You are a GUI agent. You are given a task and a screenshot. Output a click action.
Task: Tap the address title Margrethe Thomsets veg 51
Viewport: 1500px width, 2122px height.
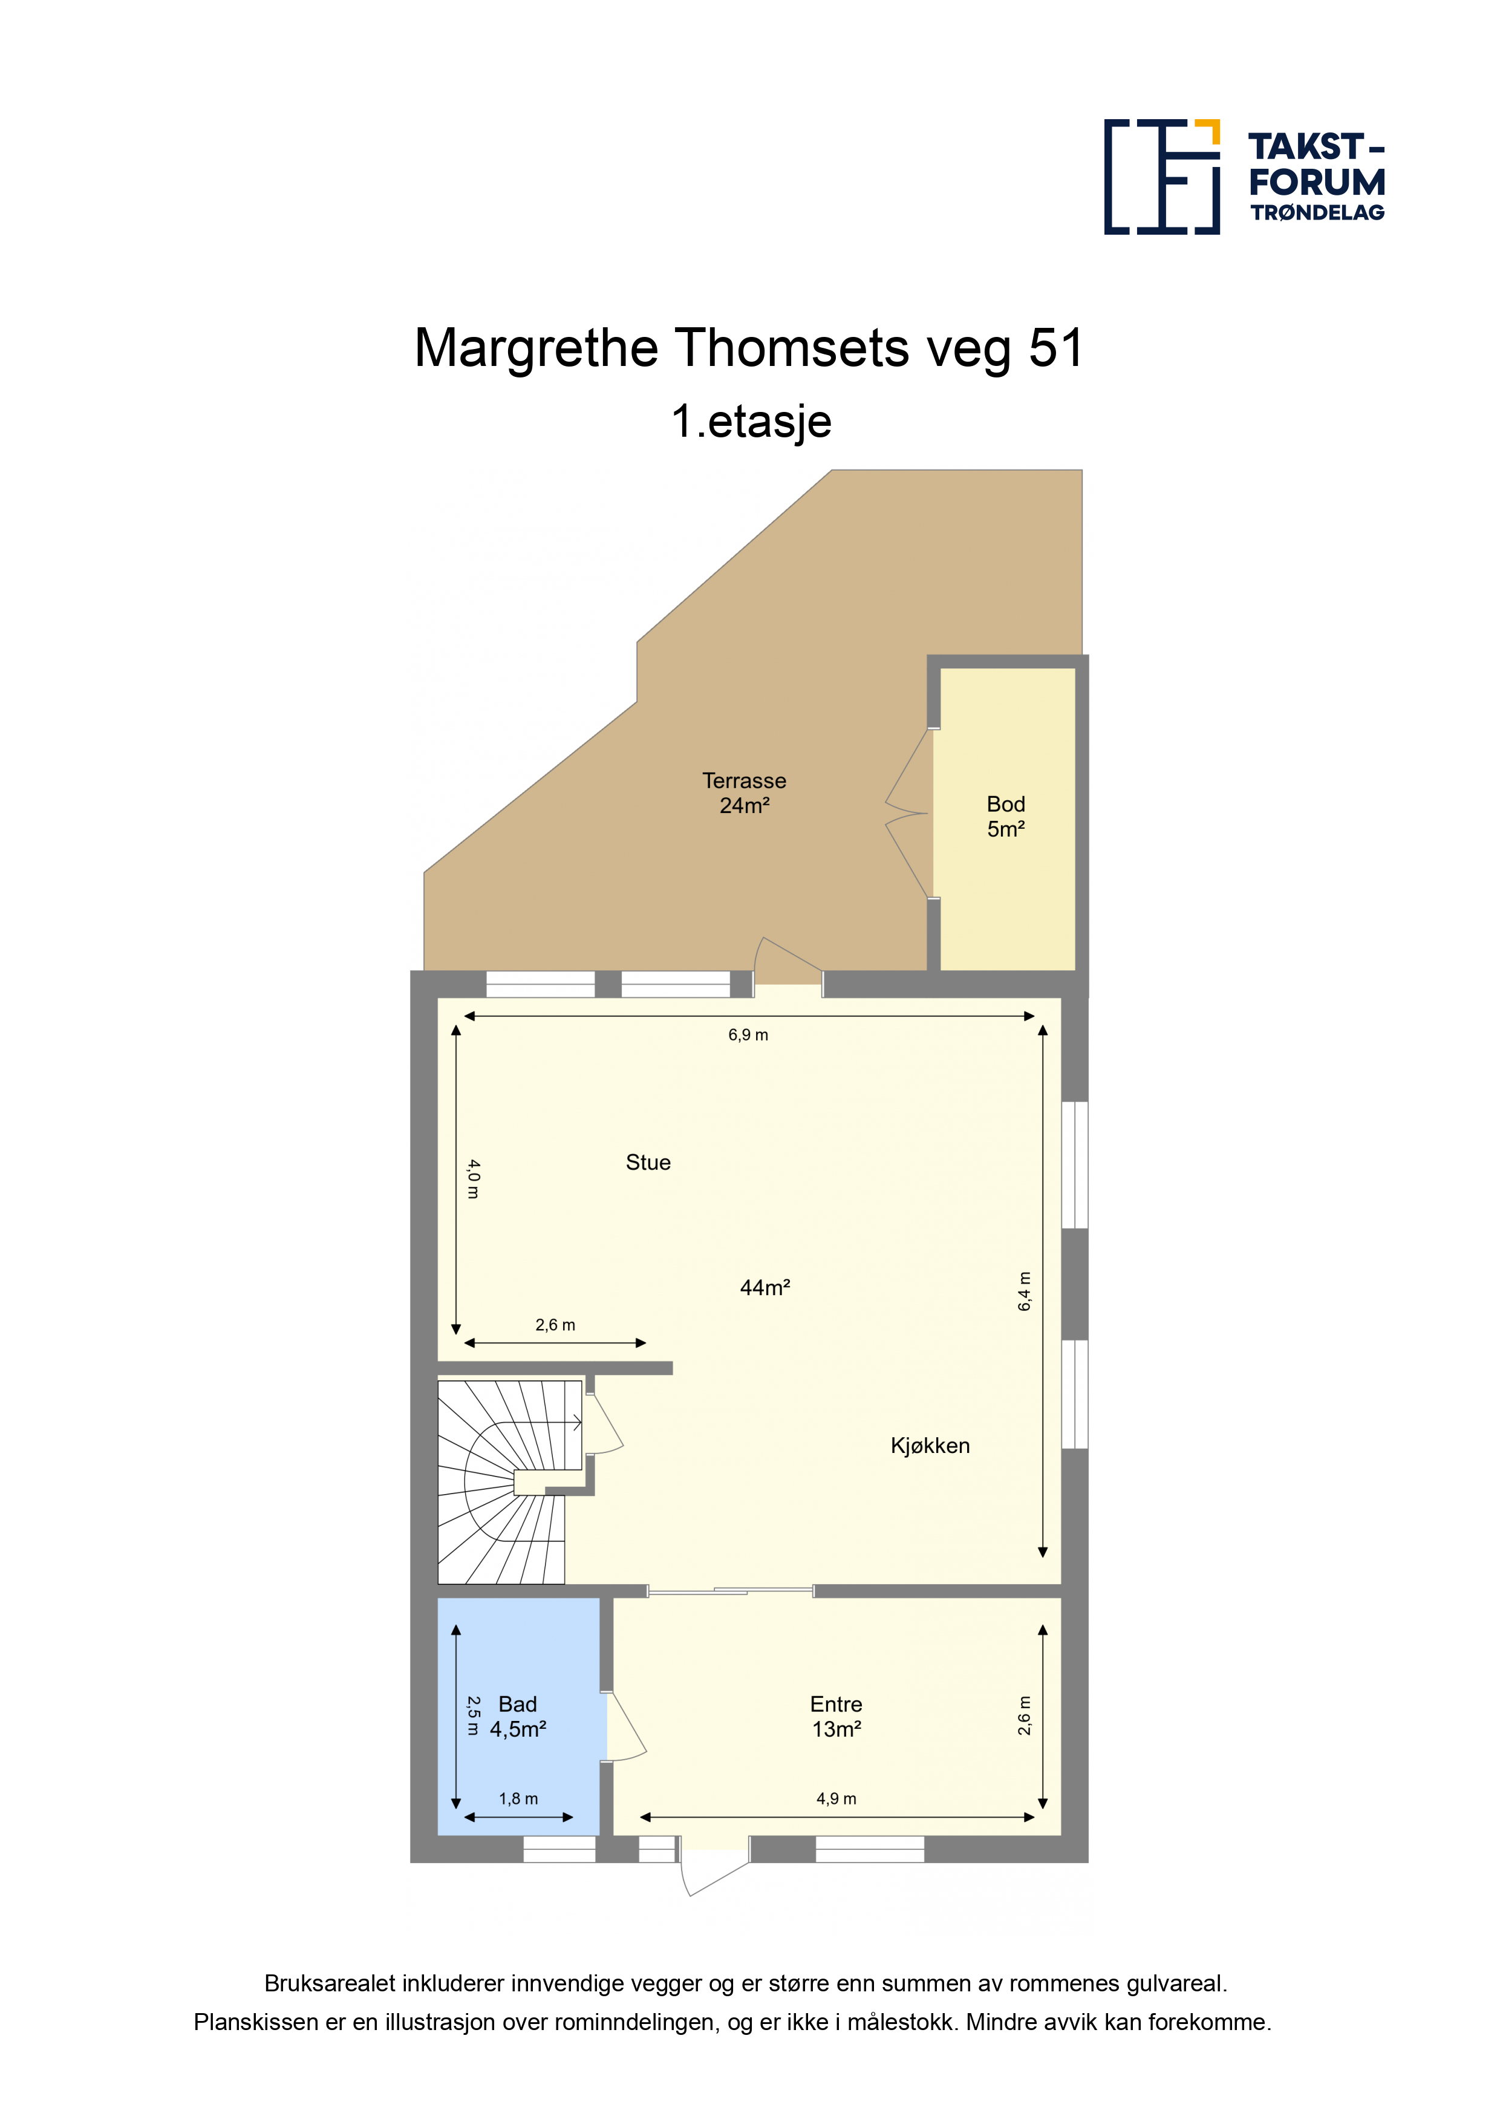tap(749, 348)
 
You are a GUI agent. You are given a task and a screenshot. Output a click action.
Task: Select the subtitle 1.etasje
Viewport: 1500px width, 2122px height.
tap(751, 422)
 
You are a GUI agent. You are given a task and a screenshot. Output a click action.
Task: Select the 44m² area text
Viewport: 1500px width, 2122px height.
tap(765, 1287)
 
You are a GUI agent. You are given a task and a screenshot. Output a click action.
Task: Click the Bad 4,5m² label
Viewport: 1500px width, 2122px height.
tap(518, 1716)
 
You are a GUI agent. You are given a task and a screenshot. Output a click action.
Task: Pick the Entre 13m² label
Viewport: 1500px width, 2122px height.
tap(836, 1716)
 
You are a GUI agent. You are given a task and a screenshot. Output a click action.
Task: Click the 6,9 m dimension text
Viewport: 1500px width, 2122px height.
tap(748, 1035)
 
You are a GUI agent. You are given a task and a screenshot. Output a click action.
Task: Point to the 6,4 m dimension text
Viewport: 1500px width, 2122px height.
tap(1024, 1291)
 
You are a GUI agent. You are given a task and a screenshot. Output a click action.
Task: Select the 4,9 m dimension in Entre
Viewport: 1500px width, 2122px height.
tap(836, 1798)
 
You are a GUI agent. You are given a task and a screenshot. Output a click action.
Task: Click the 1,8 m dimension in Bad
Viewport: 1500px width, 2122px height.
tap(518, 1798)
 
